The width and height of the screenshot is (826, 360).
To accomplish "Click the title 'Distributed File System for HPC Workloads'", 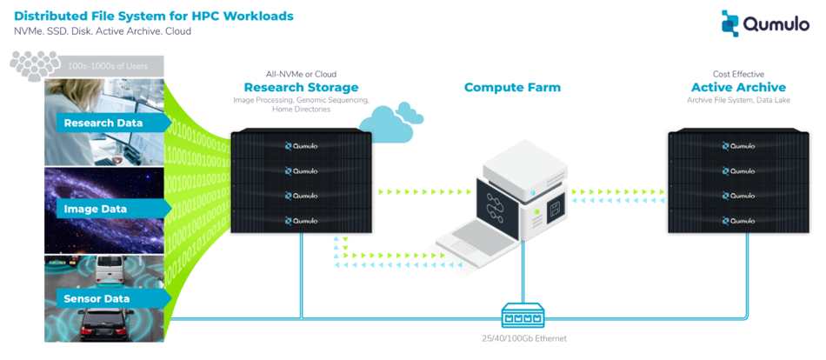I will tap(153, 16).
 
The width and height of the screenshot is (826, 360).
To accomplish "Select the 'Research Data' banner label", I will tap(103, 123).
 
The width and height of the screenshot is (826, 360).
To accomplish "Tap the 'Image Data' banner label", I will tap(96, 210).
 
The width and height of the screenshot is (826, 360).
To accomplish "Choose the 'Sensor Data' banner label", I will tap(97, 299).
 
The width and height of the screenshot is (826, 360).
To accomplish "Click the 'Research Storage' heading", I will tap(301, 87).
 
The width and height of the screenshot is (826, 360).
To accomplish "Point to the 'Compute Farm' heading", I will tap(512, 87).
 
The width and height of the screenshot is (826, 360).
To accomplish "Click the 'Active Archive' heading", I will tap(738, 87).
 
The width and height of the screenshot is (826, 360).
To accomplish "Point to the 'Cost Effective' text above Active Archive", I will tap(738, 74).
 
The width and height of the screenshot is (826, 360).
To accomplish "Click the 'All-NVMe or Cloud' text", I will tap(301, 74).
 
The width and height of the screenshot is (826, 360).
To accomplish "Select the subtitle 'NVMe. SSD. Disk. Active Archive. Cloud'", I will tap(103, 31).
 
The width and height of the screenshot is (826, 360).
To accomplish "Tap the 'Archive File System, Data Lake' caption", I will tap(738, 101).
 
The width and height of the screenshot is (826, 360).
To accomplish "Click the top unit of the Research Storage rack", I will tap(301, 145).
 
